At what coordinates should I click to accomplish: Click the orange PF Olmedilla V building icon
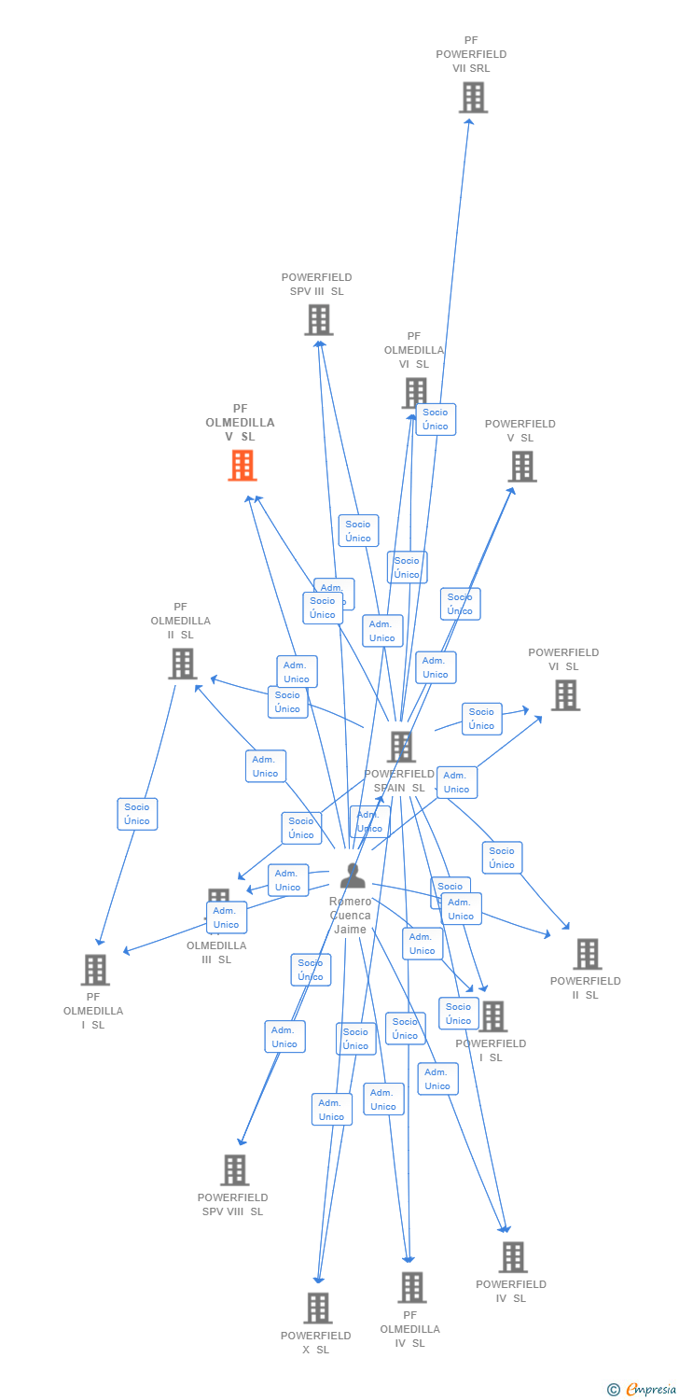[x=242, y=465]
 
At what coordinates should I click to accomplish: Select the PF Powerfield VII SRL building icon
[x=473, y=97]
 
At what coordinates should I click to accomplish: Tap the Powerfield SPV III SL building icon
[x=319, y=320]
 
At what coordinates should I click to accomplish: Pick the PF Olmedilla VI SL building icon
[x=414, y=393]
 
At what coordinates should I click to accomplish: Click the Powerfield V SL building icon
[x=522, y=467]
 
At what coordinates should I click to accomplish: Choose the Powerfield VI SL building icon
[x=565, y=695]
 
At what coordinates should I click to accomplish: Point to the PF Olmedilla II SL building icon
[x=183, y=664]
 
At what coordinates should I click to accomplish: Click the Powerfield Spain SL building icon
[x=401, y=747]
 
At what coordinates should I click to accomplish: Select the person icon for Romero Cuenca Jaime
[x=353, y=875]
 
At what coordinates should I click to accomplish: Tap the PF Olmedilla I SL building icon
[x=95, y=970]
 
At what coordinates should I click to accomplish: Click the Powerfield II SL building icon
[x=588, y=954]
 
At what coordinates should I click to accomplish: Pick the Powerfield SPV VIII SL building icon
[x=235, y=1169]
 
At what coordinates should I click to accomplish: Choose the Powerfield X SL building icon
[x=318, y=1308]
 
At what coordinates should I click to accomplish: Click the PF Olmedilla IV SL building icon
[x=411, y=1287]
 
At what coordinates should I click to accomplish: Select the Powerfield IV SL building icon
[x=512, y=1257]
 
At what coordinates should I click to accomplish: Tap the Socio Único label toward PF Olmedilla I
[x=137, y=814]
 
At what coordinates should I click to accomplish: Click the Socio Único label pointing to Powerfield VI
[x=481, y=719]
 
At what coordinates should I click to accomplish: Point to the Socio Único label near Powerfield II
[x=502, y=858]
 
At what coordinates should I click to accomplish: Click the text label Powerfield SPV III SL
[x=317, y=284]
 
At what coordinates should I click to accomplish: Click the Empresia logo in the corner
[x=642, y=1390]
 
